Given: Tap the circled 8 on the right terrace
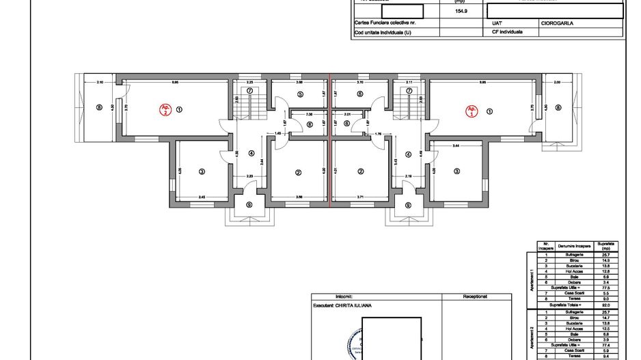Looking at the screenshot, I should [x=558, y=108].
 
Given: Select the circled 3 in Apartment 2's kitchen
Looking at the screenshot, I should [x=202, y=171].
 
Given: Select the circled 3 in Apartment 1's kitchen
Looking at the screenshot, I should [x=456, y=171].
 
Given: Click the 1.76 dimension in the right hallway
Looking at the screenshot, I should [x=379, y=134].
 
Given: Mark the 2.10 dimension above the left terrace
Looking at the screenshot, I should [x=100, y=83].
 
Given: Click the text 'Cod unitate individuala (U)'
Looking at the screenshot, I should [x=383, y=32].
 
